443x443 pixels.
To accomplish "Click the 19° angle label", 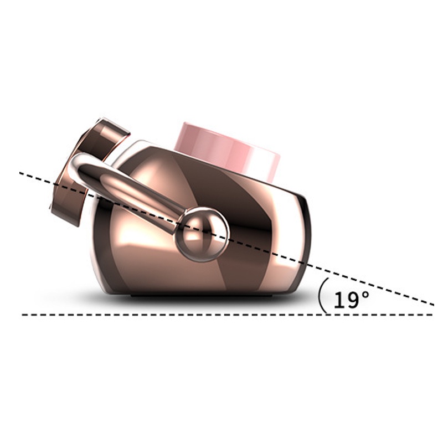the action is (x=352, y=300).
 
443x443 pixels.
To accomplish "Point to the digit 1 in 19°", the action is (x=338, y=300).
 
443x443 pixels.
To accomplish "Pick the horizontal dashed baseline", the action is (x=228, y=315).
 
